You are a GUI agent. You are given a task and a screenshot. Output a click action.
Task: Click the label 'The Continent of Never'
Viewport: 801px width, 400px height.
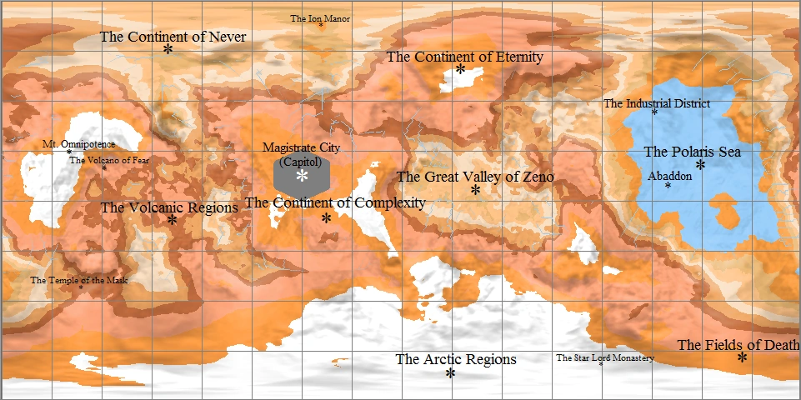tap(173, 37)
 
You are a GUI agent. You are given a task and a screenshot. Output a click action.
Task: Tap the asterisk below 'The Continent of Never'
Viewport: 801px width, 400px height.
tap(168, 50)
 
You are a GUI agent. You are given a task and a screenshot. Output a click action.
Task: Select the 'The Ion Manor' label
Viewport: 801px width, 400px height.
tap(320, 17)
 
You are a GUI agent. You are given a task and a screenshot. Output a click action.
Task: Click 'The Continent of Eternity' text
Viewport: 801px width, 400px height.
tap(464, 57)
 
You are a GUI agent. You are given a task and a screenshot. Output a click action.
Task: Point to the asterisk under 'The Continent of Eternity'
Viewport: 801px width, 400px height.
tap(460, 70)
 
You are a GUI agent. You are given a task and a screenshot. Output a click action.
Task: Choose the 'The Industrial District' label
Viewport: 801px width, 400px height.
tap(657, 103)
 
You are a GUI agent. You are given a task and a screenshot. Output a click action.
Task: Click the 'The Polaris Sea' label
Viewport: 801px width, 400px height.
tap(692, 152)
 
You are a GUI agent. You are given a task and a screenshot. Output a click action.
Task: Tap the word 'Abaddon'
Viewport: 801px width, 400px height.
tap(669, 176)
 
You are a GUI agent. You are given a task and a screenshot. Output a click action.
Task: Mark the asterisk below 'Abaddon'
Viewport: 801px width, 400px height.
tap(668, 186)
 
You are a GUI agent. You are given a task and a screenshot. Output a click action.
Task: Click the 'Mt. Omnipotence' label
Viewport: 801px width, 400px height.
tap(79, 144)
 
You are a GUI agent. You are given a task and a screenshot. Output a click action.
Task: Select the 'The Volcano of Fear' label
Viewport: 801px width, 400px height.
tap(108, 160)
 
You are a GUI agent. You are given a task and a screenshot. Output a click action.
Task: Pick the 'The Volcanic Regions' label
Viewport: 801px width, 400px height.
tap(169, 207)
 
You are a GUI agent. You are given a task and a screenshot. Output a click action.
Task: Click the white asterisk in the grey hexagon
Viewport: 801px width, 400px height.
tap(302, 176)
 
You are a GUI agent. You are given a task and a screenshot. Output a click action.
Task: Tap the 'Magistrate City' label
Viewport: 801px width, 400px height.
tap(302, 147)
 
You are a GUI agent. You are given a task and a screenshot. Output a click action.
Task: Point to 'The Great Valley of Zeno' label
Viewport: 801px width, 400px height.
tap(475, 177)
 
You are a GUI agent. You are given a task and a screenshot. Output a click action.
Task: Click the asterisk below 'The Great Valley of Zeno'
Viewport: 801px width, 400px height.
tap(475, 191)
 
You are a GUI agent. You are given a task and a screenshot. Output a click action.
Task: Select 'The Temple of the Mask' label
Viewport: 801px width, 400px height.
tap(80, 280)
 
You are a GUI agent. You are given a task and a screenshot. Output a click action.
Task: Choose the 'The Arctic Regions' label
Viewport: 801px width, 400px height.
tap(456, 359)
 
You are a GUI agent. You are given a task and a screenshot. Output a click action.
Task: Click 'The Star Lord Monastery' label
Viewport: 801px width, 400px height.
tap(605, 357)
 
